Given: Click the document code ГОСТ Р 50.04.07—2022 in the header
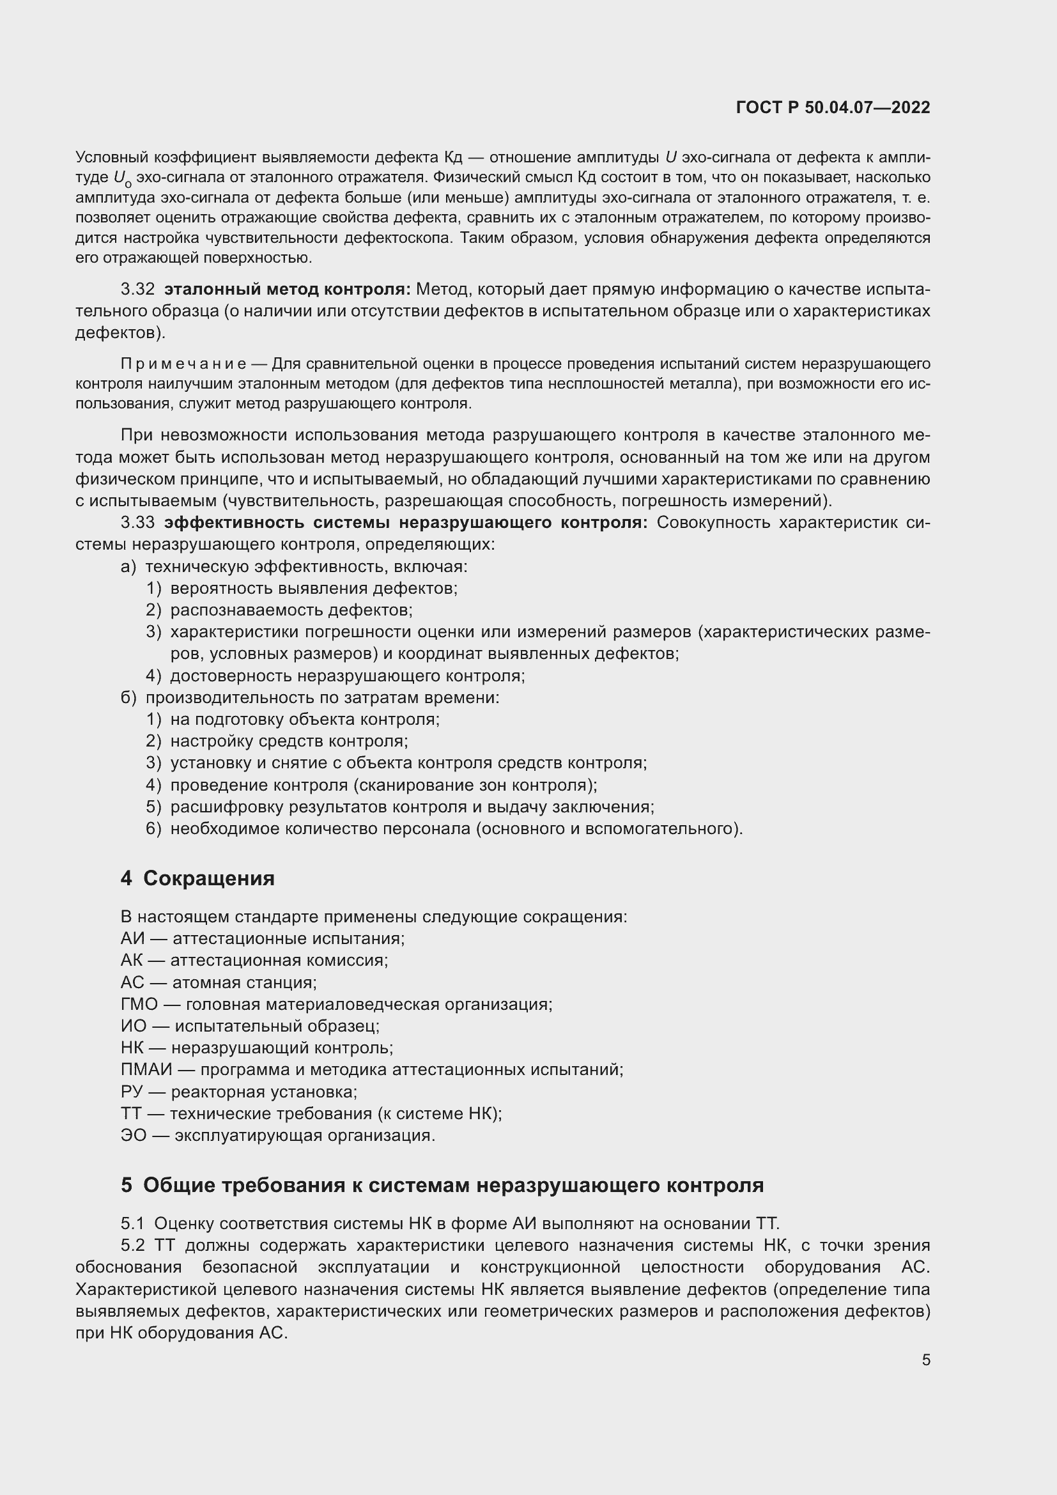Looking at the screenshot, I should [x=833, y=108].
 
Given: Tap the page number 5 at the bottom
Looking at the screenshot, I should [x=925, y=1359].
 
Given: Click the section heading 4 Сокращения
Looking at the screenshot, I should [x=198, y=878].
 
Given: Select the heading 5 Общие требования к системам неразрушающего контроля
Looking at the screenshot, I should [x=442, y=1185].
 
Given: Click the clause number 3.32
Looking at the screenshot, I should [x=137, y=289].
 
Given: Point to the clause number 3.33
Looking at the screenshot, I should [x=137, y=523].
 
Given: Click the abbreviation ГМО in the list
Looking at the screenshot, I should [x=139, y=1004].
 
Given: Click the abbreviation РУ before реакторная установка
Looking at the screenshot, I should [x=132, y=1091].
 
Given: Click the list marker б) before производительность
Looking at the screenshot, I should [x=128, y=697].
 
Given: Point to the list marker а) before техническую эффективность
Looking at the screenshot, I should [x=128, y=566].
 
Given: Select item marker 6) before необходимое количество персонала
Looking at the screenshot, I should [x=153, y=829].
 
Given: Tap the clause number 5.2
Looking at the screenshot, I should [x=134, y=1246].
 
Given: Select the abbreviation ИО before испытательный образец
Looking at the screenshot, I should [x=134, y=1026].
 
